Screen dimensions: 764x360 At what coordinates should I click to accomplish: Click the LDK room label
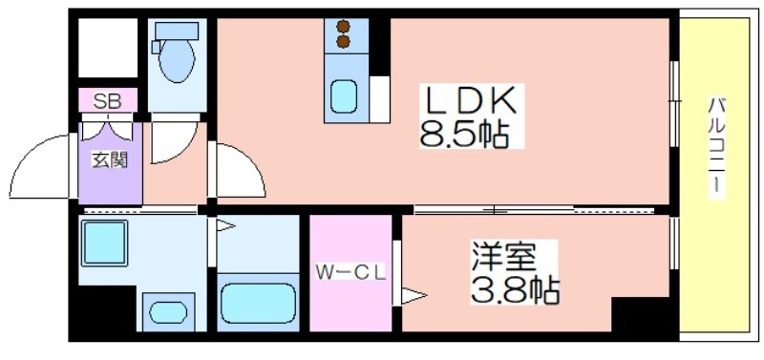pos(471,102)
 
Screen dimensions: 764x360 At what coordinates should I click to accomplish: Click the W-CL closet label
pos(350,272)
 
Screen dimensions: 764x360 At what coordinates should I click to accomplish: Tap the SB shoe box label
pos(108,101)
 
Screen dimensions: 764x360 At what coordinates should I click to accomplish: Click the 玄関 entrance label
pos(110,159)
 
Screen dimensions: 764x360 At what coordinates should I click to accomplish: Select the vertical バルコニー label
pos(717,146)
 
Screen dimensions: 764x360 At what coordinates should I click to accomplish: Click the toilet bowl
pos(177,61)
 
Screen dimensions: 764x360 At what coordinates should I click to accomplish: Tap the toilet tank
pos(177,32)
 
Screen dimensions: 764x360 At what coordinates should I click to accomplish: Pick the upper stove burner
pos(344,26)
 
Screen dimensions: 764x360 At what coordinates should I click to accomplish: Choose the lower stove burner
pos(344,42)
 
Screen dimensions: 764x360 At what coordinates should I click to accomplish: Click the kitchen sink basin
pos(344,96)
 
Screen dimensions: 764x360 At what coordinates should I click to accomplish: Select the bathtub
pos(258,304)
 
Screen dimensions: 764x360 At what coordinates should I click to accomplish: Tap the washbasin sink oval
pos(168,312)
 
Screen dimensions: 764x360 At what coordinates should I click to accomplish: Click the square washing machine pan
pos(105,244)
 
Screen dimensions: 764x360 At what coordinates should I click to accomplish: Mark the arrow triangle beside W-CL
pos(414,296)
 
